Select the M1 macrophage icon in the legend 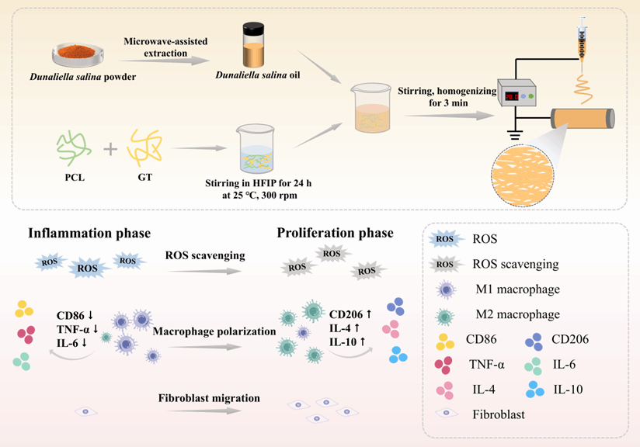pyautogui.click(x=447, y=289)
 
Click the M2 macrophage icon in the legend pyautogui.click(x=447, y=314)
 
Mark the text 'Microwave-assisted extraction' pyautogui.click(x=158, y=47)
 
